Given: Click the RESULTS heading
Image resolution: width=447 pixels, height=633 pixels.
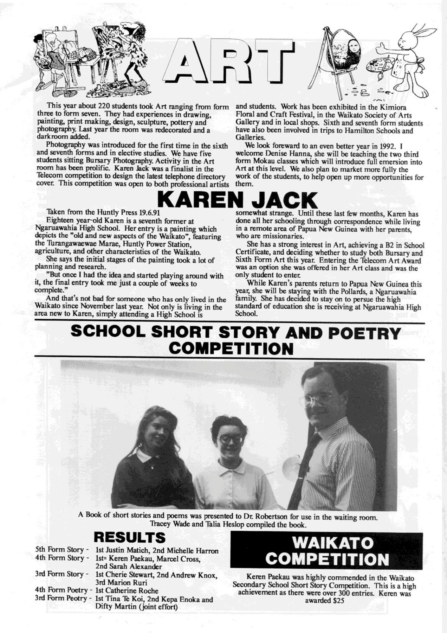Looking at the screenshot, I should [129, 537].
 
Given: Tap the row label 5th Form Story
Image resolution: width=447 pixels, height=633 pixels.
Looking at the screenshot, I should [60, 550].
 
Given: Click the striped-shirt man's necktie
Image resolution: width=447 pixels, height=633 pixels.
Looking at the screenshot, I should [303, 471].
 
